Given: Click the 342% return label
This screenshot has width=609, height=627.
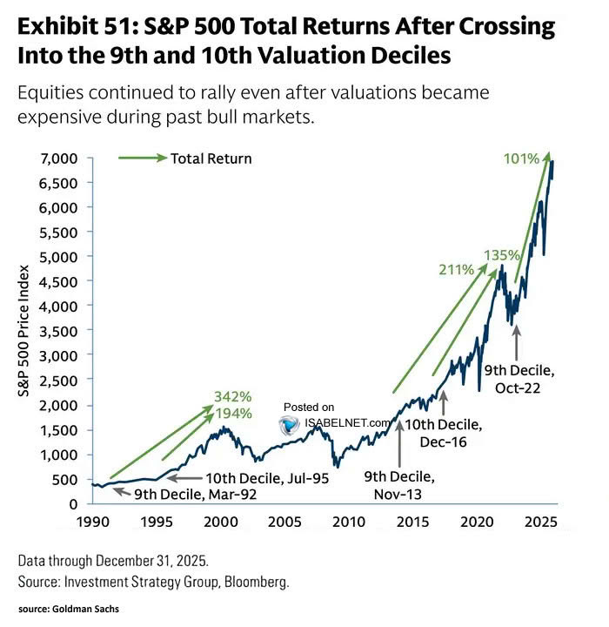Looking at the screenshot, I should [233, 397].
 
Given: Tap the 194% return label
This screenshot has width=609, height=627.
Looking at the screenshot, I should [233, 412].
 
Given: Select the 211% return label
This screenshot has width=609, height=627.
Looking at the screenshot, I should [456, 269].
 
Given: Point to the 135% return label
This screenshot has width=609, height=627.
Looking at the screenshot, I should [504, 255].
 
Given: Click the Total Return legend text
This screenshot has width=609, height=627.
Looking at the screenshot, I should [211, 158].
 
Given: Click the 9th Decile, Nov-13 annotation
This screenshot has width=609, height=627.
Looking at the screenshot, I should [399, 486].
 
